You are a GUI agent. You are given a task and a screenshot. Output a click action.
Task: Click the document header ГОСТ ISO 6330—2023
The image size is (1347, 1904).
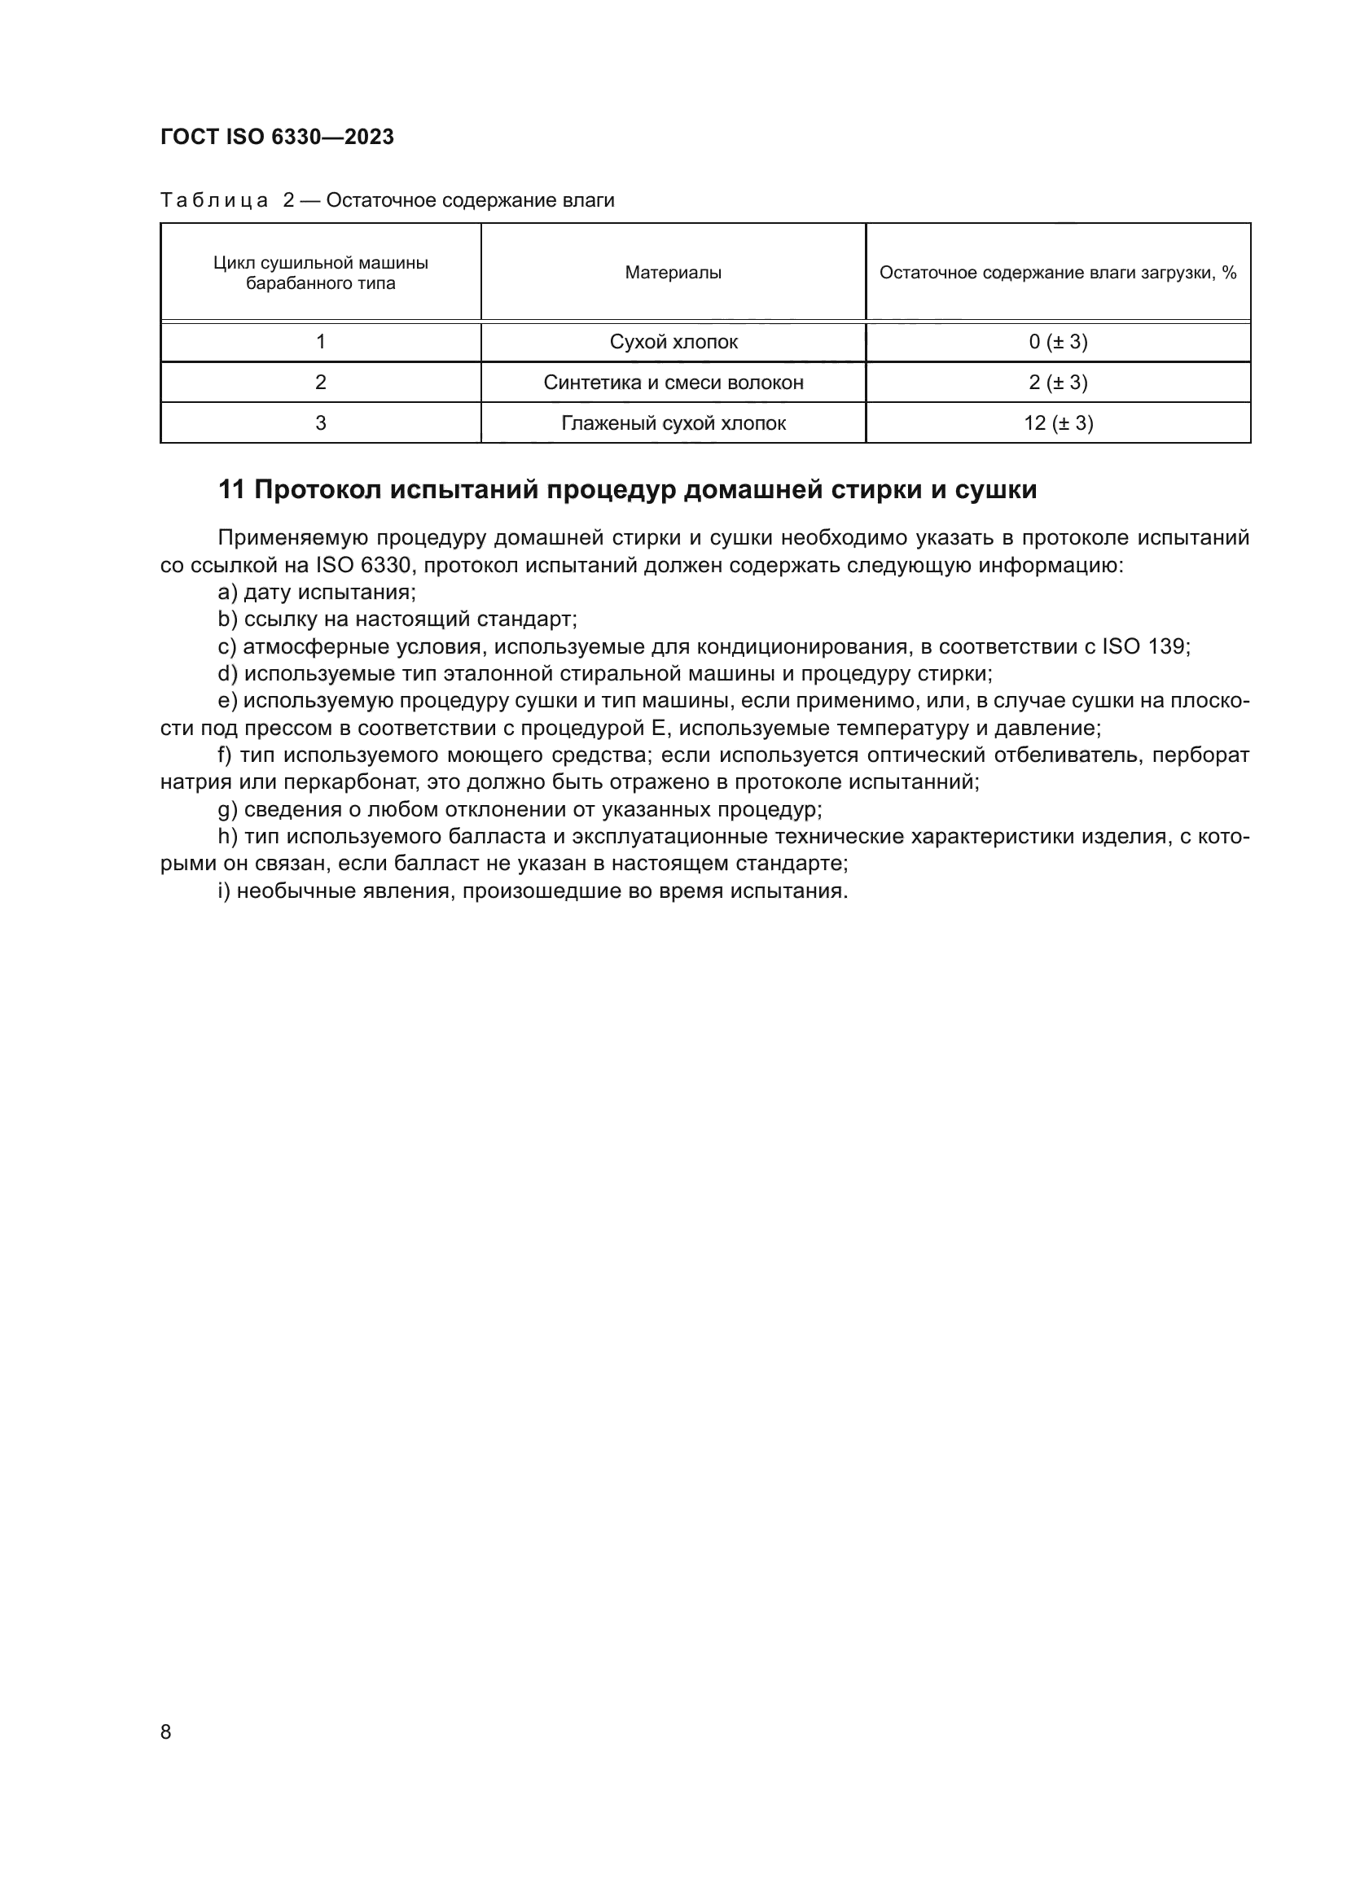277,137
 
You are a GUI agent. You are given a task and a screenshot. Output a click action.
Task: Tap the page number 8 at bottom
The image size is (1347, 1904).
166,1731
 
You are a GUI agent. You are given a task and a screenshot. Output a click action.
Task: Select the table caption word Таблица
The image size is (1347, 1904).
214,201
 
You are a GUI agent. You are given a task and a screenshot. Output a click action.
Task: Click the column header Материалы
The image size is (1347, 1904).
673,273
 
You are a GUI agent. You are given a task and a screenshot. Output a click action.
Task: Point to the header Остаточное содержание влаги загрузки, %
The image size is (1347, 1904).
1058,273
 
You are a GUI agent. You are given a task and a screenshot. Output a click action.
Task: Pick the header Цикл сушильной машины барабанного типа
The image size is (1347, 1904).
320,273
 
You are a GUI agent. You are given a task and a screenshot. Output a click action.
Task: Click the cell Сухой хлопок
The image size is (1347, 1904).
673,342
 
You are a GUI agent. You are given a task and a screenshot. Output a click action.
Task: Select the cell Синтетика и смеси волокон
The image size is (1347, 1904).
673,383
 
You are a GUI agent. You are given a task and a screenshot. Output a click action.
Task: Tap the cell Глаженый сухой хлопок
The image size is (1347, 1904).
673,423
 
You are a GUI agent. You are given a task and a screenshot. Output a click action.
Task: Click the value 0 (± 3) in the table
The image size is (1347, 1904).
1058,342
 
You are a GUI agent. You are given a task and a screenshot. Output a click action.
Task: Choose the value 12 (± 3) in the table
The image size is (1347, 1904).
1058,423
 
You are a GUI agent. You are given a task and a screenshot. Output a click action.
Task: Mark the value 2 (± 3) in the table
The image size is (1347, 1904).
1058,383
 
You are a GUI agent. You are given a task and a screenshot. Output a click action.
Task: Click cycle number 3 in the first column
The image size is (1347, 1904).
320,423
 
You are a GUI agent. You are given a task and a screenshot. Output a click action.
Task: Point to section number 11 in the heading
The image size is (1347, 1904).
231,490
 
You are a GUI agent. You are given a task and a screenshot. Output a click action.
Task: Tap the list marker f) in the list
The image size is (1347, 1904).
225,755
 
